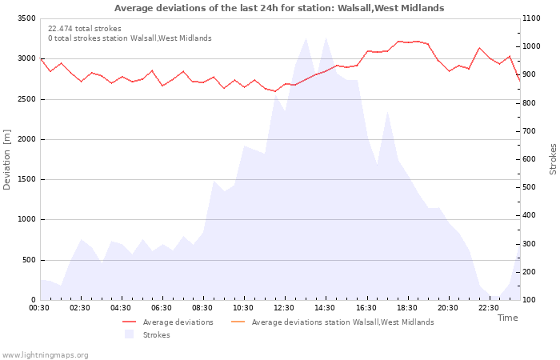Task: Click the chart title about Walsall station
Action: pos(279,8)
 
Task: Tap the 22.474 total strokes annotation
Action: pos(85,29)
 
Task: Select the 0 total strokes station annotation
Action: pos(130,38)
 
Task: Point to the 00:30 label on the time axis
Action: pos(39,308)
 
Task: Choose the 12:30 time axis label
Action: pos(284,308)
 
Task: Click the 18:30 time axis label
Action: pos(406,308)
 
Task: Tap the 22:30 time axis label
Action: pos(488,308)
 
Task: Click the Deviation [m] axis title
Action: pos(7,159)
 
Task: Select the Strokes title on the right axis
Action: pos(553,159)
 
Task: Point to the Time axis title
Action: pos(507,318)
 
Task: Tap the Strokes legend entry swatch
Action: pos(129,334)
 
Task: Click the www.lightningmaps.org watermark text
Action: pos(45,354)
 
